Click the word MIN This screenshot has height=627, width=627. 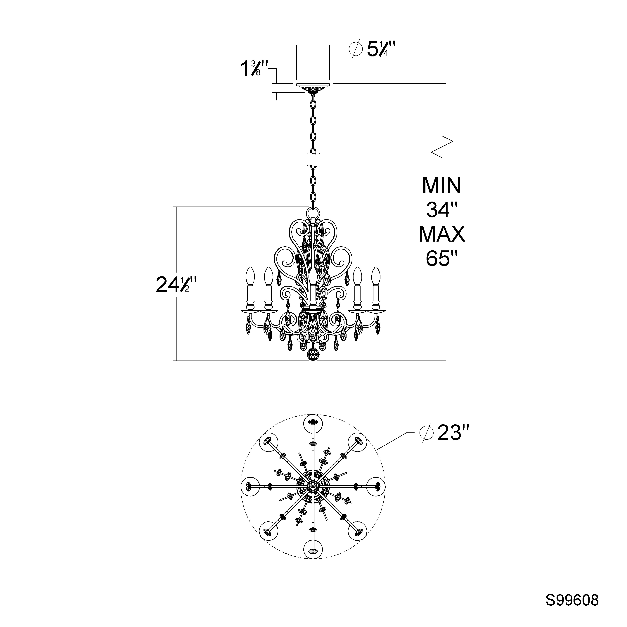(442, 185)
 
